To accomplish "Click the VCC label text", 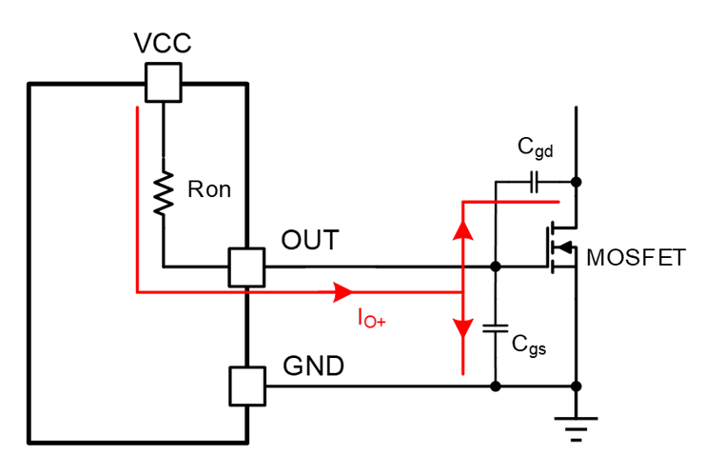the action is coord(163,43).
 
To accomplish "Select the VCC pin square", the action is coord(164,83).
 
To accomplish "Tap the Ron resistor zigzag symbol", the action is coord(164,192).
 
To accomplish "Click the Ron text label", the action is coord(209,189).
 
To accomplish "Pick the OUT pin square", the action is coord(246,267).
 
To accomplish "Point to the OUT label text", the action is coord(310,240).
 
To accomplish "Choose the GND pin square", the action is coord(247,386).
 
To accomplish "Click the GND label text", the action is coord(314,366).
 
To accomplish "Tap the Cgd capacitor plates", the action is coord(535,182).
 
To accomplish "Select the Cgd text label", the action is coord(535,148).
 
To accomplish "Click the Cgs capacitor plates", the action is coord(496,328).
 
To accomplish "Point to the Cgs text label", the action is coord(529,346).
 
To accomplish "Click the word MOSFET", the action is coord(635,257).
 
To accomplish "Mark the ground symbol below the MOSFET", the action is coord(576,429).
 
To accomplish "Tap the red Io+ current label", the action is coord(372,319).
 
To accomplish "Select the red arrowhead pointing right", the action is coord(343,292).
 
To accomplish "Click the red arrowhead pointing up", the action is coord(463,230).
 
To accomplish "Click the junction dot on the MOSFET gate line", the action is coord(496,267).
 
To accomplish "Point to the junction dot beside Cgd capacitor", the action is coord(576,182).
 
